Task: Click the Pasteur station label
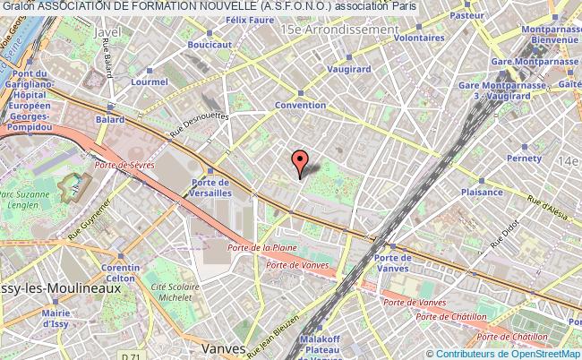point(466,15)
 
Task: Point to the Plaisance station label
point(481,192)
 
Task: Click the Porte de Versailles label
point(211,187)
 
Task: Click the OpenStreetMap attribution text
point(540,353)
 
